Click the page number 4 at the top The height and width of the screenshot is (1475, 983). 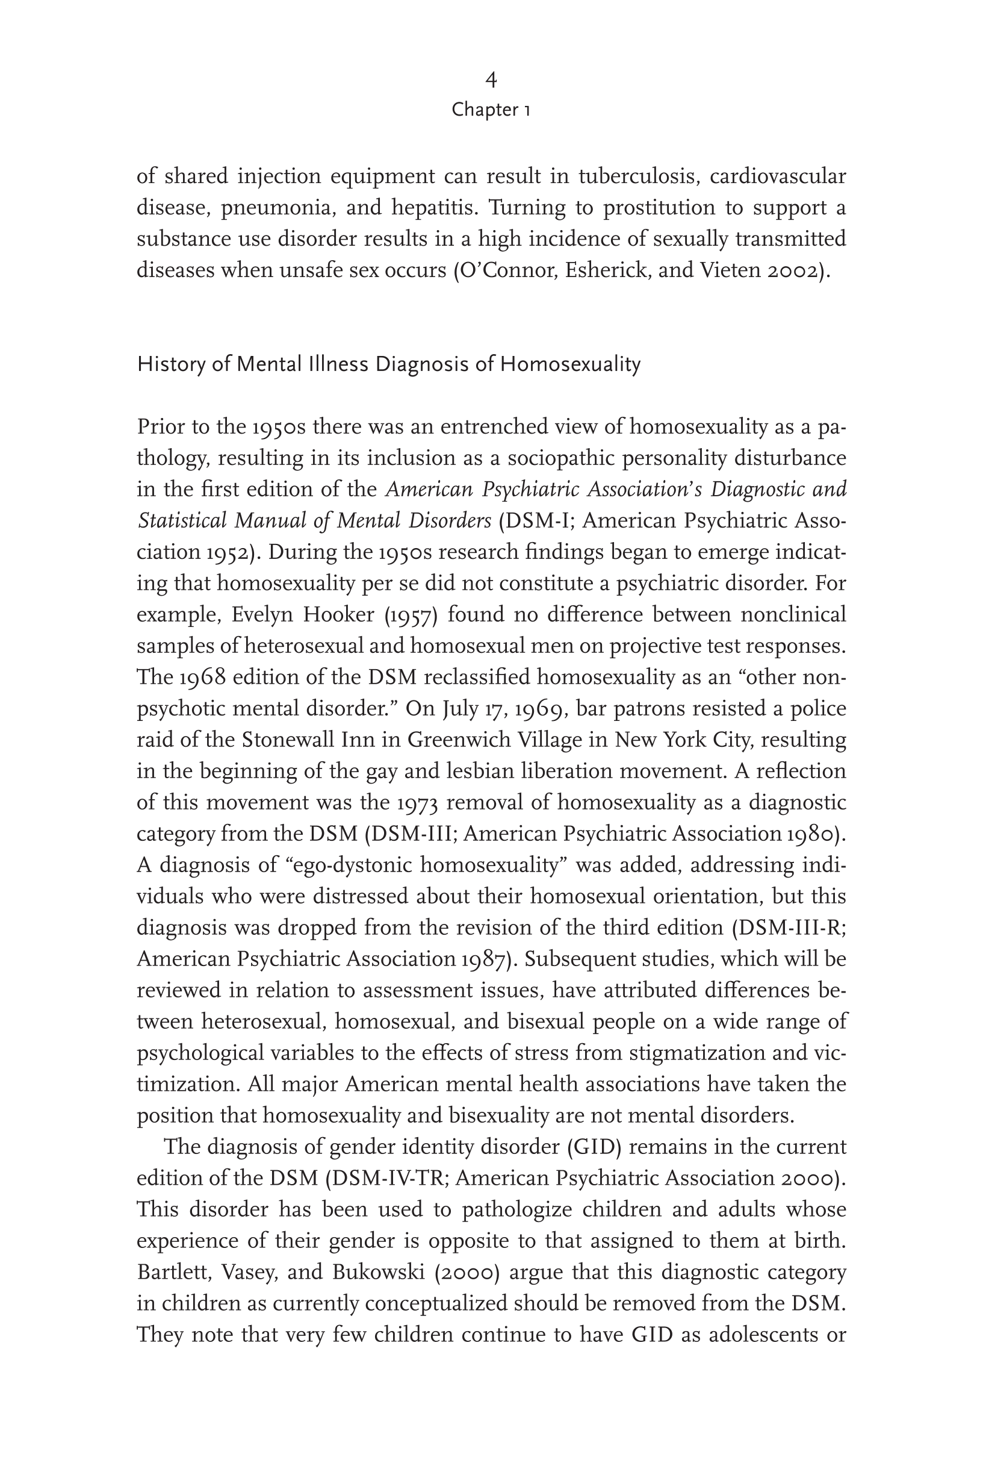[x=491, y=80]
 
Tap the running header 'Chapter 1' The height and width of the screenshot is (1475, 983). [x=491, y=110]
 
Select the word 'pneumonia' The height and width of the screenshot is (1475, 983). [x=275, y=208]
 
